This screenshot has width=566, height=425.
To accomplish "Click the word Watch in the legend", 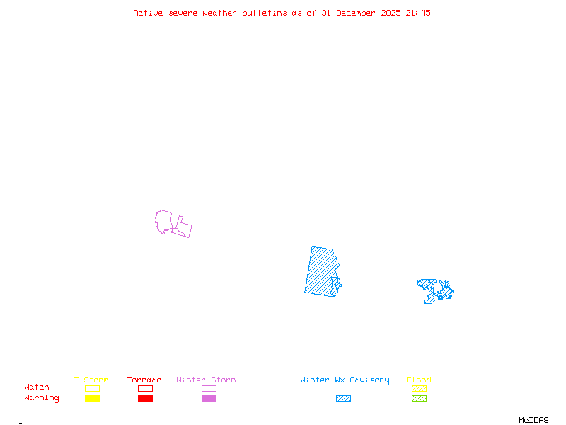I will coord(37,387).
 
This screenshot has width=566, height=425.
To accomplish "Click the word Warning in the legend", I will coord(42,398).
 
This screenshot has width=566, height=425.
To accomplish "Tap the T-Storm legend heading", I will coord(91,380).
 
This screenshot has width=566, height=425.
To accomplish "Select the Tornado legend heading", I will coord(144,380).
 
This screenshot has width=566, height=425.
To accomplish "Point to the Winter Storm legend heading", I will coord(206,380).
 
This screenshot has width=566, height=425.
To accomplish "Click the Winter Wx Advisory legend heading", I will coord(345,380).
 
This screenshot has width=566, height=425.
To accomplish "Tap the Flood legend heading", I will coord(419,380).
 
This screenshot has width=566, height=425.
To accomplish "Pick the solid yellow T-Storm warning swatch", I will coord(92,399).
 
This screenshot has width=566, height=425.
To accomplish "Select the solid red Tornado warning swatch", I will coord(145,399).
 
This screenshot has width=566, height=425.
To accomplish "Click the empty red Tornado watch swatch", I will coord(145,388).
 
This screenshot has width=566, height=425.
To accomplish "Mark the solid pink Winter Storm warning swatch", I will coord(209,399).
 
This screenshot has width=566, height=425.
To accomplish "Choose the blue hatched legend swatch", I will coord(343,399).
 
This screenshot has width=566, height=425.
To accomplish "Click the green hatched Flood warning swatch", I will coord(419,399).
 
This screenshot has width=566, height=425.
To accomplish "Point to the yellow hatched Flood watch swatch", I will coord(419,388).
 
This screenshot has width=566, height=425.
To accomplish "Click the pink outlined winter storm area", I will coord(165,221).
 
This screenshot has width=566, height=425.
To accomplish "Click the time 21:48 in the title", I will coord(417,13).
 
